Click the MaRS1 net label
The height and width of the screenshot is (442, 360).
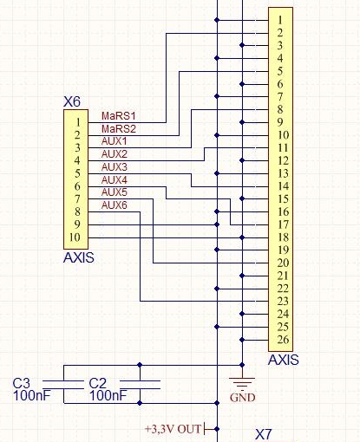point(119,116)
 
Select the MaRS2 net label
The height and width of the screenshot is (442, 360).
point(119,128)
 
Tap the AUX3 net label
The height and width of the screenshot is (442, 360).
point(115,167)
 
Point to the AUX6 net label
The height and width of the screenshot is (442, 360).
point(115,205)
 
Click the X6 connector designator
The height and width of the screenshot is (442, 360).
point(72,101)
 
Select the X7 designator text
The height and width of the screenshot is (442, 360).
point(264,434)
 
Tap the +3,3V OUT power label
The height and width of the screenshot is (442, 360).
point(173,429)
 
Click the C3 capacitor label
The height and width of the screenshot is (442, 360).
point(21,383)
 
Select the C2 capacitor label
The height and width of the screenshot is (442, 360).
point(97,383)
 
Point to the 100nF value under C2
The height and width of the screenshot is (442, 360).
point(108,395)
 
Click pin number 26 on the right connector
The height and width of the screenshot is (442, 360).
point(283,340)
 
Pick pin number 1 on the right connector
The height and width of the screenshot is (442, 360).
point(280,20)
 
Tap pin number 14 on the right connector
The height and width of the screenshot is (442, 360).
point(283,186)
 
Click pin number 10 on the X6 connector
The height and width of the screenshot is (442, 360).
point(75,237)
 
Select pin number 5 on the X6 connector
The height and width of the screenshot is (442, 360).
point(77,173)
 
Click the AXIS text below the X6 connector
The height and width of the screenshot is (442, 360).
point(79,257)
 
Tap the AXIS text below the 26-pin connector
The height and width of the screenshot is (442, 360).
point(284,360)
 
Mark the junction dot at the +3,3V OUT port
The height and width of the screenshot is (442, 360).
point(217,429)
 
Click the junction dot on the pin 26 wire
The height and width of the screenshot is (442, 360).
point(242,340)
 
